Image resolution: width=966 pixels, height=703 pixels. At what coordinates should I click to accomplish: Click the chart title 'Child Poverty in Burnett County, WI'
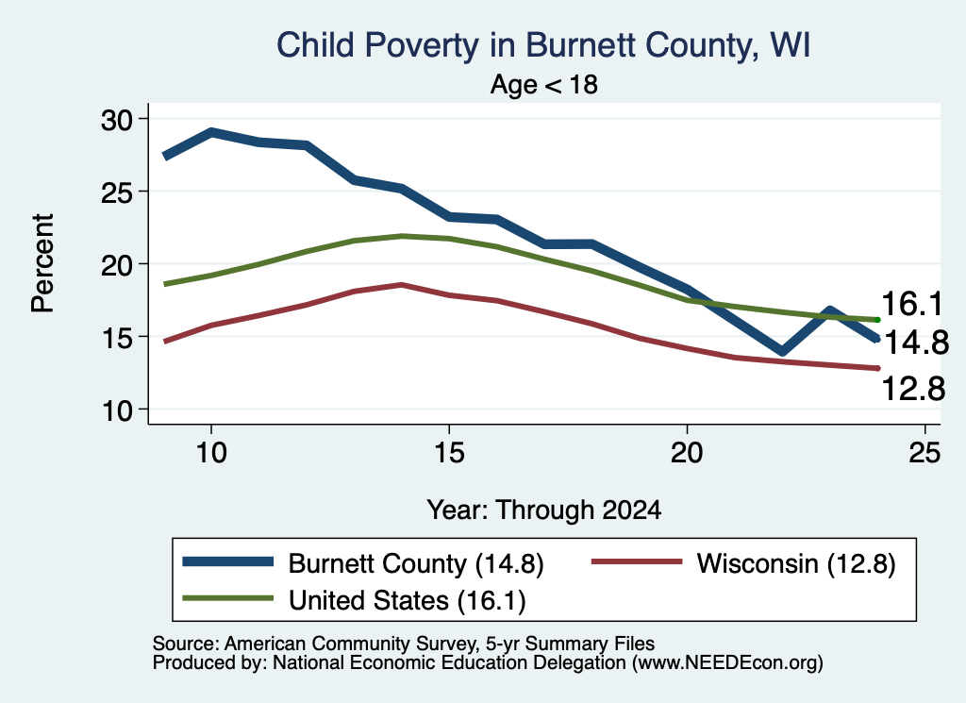click(542, 45)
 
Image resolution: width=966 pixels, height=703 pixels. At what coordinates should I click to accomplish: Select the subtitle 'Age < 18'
click(543, 84)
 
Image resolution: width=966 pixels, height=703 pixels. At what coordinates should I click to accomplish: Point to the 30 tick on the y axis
click(117, 120)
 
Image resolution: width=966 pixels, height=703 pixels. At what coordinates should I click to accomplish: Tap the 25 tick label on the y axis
click(117, 192)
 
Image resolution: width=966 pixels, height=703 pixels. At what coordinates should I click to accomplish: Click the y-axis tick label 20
click(117, 265)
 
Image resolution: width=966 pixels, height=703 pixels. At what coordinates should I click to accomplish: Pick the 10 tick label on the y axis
click(117, 410)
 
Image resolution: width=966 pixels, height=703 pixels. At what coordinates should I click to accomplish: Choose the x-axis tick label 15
click(449, 453)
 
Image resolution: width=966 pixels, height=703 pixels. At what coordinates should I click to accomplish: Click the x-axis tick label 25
click(924, 453)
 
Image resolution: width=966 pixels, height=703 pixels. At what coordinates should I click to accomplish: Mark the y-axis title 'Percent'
click(43, 263)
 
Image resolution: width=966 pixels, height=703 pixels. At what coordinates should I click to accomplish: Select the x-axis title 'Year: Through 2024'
click(544, 511)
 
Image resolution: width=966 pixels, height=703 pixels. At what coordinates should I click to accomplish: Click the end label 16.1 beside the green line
click(912, 304)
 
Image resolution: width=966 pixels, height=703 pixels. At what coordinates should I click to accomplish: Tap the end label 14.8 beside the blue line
click(916, 343)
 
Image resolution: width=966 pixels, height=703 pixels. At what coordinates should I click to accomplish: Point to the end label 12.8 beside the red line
click(913, 389)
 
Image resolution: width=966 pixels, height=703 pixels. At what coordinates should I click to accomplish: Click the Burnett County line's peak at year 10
click(211, 132)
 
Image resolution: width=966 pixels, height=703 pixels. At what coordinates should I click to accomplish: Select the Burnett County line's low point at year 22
click(782, 351)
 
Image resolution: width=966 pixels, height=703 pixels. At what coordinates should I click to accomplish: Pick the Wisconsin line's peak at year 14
click(402, 285)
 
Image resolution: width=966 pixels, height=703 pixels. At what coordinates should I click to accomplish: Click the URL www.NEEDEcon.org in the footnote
click(727, 662)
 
